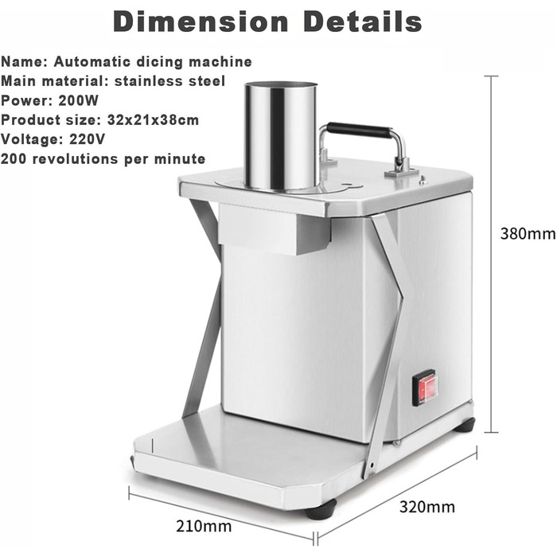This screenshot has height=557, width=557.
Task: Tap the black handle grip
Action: (x=359, y=130)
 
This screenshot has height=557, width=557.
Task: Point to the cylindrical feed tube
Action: (x=281, y=137)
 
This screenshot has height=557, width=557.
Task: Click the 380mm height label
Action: (x=528, y=234)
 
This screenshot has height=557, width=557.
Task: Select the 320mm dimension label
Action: (x=427, y=507)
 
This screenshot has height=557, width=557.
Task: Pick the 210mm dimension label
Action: (x=204, y=526)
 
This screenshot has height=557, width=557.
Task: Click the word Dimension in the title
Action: (x=201, y=22)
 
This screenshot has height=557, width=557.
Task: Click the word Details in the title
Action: (x=363, y=22)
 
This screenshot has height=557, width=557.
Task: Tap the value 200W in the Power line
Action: (x=78, y=100)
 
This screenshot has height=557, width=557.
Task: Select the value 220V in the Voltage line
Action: (x=87, y=139)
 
